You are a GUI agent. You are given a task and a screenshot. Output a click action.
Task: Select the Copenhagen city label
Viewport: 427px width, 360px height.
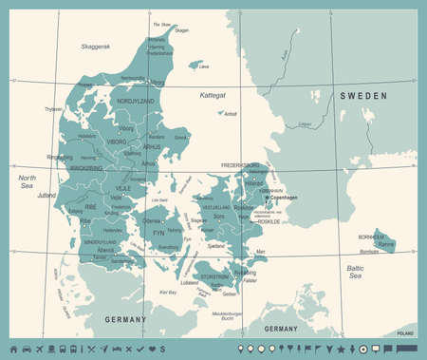[x=283, y=198]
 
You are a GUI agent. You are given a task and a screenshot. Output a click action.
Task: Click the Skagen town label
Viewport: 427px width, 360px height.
[x=182, y=31]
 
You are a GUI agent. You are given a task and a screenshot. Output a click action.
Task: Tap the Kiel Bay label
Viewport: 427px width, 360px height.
[x=168, y=293]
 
